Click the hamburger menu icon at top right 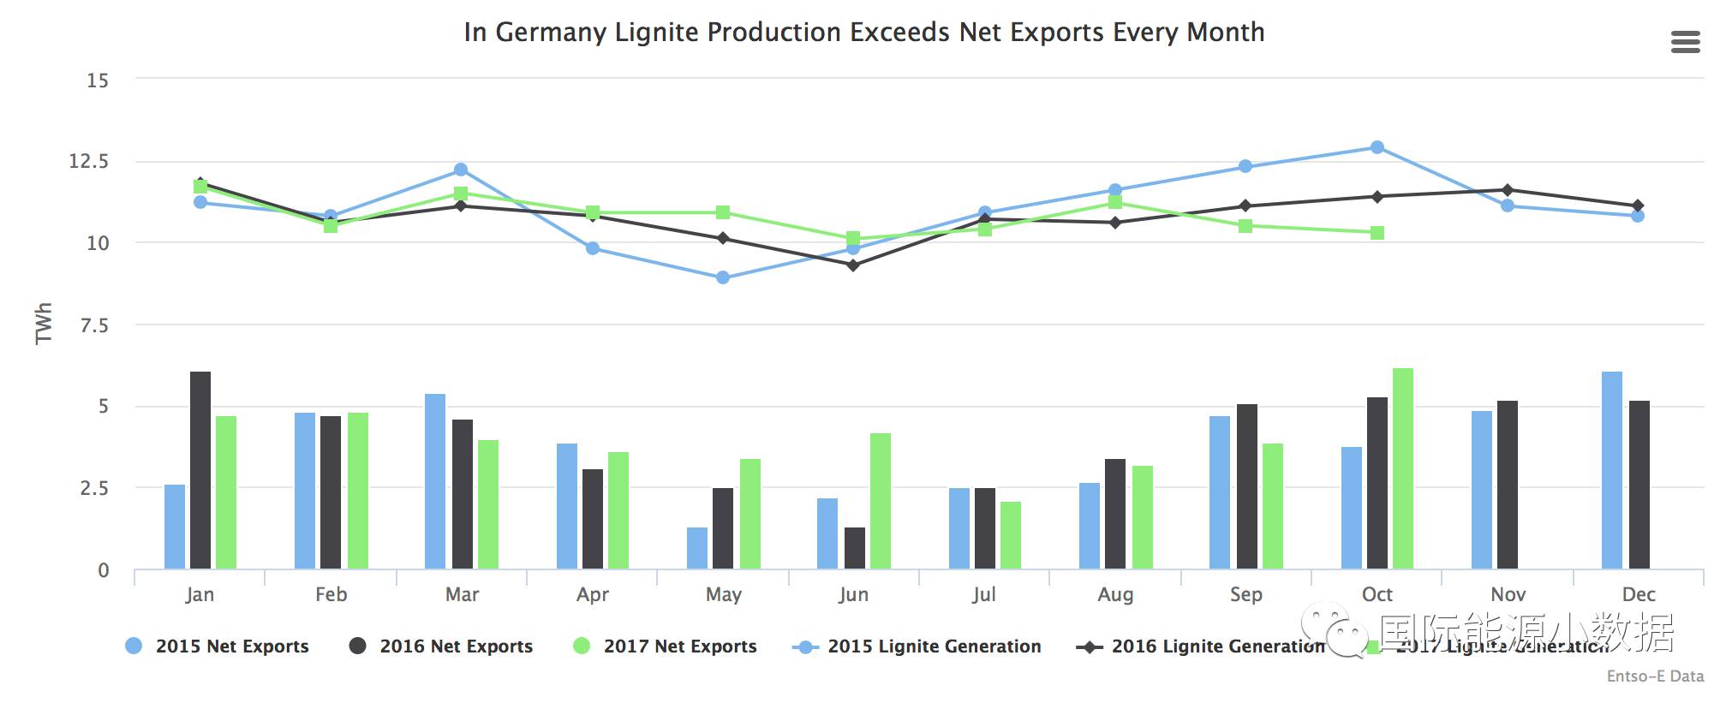[1685, 42]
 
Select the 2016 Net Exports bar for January [200, 470]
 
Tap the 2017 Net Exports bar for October [1403, 468]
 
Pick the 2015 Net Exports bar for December [1612, 470]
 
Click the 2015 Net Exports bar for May [697, 548]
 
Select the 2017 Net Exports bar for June [881, 501]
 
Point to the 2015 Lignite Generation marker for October [1377, 147]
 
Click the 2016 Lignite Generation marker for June [853, 265]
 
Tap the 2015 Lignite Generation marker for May [723, 277]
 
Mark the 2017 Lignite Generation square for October [1377, 233]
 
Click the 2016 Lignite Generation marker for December [1638, 206]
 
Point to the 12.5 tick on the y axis [89, 161]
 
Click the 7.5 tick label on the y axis [94, 325]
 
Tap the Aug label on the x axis [1115, 594]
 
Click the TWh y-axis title [44, 324]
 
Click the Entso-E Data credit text [1655, 676]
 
